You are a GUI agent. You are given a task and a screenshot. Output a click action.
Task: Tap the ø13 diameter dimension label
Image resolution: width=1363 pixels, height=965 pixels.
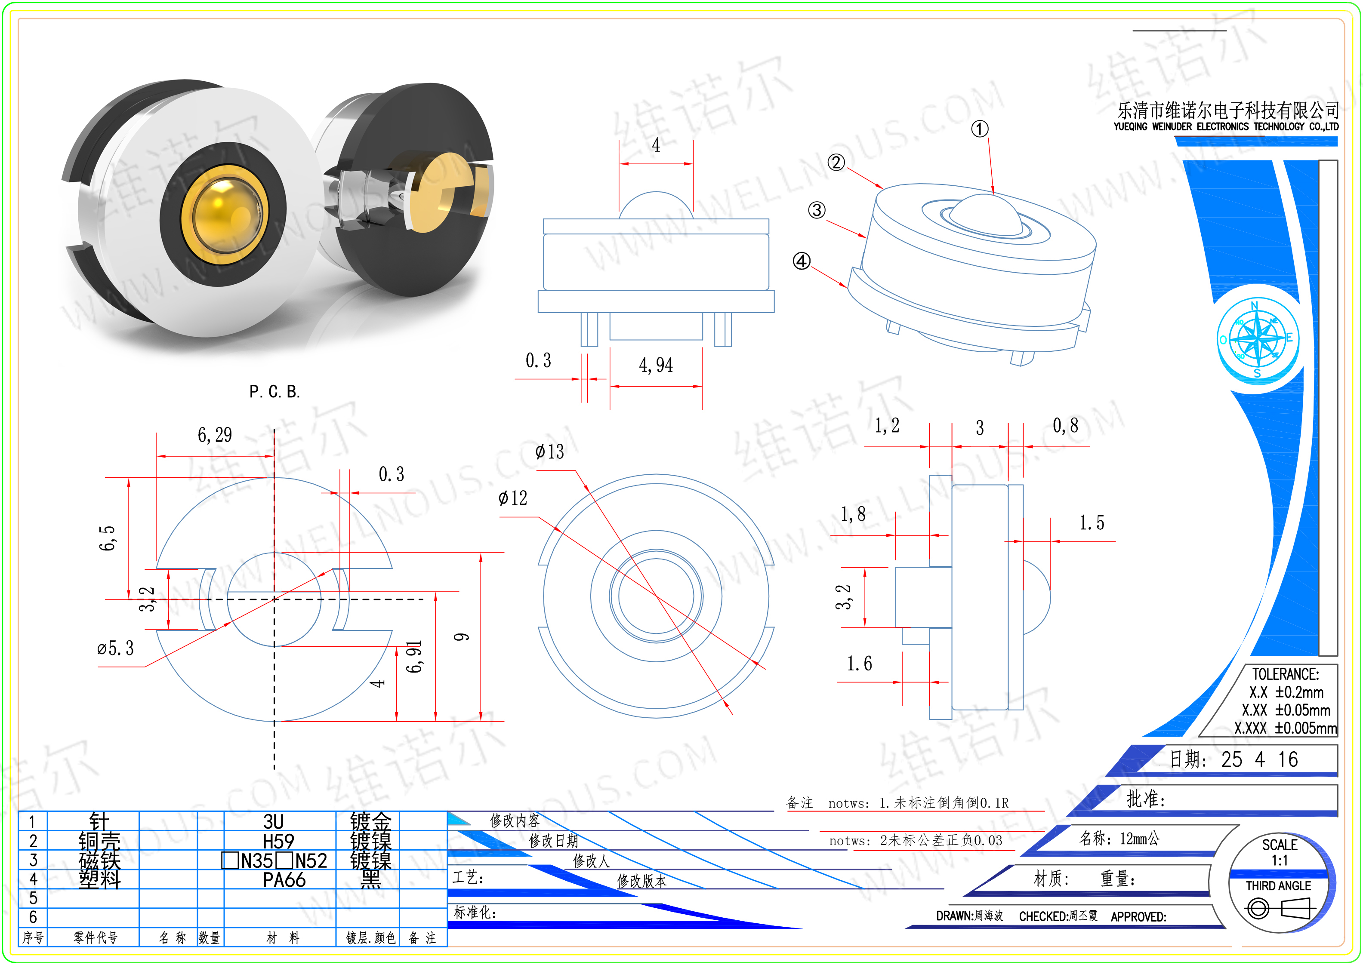point(549,452)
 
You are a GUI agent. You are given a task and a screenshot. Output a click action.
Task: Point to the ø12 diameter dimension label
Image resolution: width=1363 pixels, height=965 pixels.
point(512,498)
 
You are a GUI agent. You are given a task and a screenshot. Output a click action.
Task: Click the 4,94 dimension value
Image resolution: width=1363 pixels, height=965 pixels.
point(656,365)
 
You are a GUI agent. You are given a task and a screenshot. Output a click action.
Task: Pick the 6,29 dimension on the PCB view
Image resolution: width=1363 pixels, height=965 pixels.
point(215,435)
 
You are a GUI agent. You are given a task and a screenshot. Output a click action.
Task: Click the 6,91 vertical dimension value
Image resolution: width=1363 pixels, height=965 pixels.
point(414,657)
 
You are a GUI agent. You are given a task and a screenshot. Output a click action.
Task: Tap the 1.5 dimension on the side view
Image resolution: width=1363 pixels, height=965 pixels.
point(1092,522)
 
